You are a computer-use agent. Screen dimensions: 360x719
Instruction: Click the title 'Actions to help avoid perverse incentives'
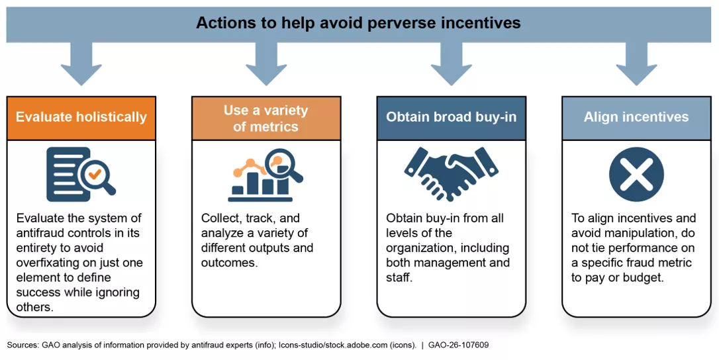(x=358, y=23)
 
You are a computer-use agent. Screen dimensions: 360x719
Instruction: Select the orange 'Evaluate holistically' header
(x=81, y=117)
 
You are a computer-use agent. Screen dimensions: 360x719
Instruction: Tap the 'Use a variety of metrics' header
(x=265, y=118)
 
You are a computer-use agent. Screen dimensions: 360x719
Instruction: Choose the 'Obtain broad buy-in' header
(x=452, y=117)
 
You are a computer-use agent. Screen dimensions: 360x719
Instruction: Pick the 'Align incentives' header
(x=636, y=117)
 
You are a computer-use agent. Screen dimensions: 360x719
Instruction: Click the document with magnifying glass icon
(x=81, y=174)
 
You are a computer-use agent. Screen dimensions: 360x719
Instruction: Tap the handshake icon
(x=451, y=174)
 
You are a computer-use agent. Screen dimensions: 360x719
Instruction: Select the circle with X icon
(x=636, y=174)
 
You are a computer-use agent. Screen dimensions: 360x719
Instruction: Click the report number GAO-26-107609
(x=458, y=345)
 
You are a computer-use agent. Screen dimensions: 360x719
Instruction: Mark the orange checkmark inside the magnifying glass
(x=95, y=174)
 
